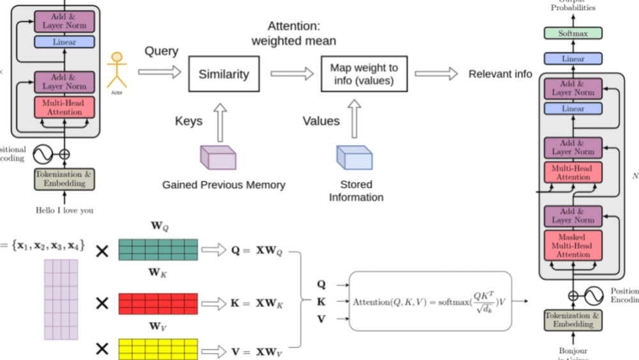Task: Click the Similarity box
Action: (x=224, y=74)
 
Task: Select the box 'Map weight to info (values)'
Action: (x=364, y=74)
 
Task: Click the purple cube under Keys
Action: (x=218, y=157)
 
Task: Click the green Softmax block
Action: (x=573, y=33)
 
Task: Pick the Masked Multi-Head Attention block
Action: (x=573, y=246)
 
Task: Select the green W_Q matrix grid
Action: (x=158, y=249)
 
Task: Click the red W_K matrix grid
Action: (x=158, y=303)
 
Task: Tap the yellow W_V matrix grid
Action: (x=158, y=348)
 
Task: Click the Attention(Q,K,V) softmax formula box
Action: (x=431, y=301)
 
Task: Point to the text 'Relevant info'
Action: (x=500, y=74)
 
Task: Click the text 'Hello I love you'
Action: (x=65, y=210)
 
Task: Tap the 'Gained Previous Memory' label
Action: (x=224, y=185)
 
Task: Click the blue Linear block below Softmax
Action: (x=573, y=59)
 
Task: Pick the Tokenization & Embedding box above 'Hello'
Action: (x=65, y=178)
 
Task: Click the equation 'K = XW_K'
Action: (x=256, y=302)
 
